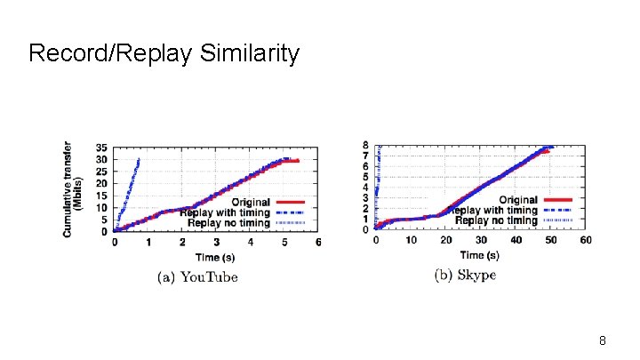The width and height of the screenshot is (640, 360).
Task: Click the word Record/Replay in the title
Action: click(x=110, y=53)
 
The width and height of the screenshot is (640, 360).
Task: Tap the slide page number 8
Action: click(x=603, y=340)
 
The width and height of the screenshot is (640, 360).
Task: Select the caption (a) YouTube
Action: click(x=197, y=276)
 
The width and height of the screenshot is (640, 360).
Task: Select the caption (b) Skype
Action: click(x=465, y=275)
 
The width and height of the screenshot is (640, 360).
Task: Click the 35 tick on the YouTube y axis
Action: click(x=102, y=148)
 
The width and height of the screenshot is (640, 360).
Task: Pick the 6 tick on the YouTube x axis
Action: click(x=318, y=242)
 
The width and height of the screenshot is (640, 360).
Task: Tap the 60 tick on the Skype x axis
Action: click(x=585, y=240)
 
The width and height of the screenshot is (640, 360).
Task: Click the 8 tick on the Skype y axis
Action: click(x=366, y=145)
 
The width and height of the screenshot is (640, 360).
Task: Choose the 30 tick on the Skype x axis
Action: click(x=480, y=240)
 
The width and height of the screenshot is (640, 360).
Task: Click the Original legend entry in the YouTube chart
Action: click(x=249, y=202)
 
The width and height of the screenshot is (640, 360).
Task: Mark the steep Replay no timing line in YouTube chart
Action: click(x=127, y=191)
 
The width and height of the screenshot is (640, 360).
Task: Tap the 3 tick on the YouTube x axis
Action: click(x=216, y=242)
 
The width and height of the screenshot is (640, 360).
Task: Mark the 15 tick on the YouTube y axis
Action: click(x=102, y=196)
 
